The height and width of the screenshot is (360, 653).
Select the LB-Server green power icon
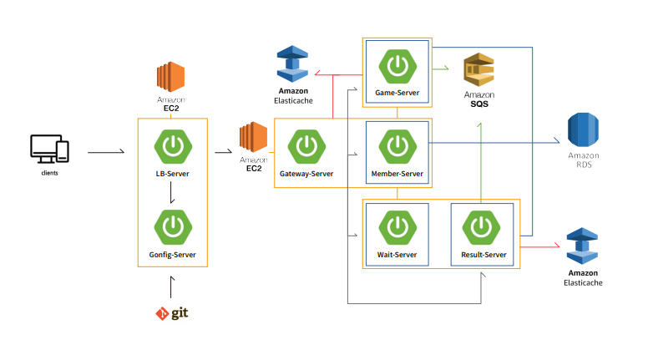[x=172, y=147]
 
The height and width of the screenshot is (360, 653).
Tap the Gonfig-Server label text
[x=172, y=253]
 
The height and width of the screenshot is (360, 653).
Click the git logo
[x=172, y=313]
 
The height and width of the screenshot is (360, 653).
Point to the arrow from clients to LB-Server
[x=107, y=153]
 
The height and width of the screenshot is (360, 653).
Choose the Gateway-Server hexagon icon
[x=306, y=147]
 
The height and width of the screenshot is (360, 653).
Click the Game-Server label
[x=397, y=93]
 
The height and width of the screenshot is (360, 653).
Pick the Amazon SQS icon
[x=479, y=71]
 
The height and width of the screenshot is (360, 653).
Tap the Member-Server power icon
[x=397, y=147]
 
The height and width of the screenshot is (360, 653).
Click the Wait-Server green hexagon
[x=397, y=226]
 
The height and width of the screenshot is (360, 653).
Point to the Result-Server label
[x=483, y=254]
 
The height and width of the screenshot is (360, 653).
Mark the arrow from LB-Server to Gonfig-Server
[x=172, y=194]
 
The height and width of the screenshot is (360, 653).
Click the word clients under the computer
[x=49, y=174]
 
